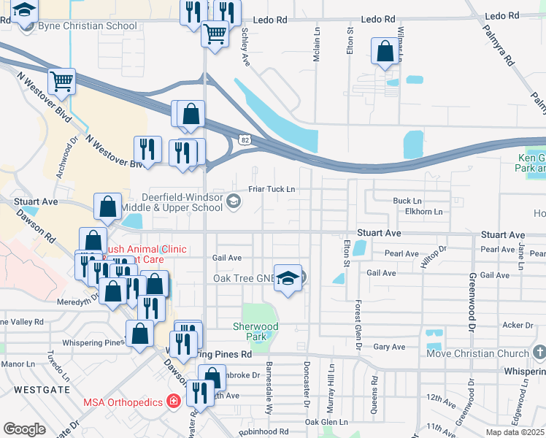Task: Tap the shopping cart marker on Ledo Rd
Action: click(215, 34)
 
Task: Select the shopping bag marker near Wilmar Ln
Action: click(385, 51)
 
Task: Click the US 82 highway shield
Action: click(244, 139)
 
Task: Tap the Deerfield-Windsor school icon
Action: click(234, 201)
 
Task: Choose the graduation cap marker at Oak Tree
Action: click(289, 278)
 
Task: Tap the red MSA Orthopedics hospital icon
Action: click(173, 401)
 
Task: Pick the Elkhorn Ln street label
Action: click(423, 212)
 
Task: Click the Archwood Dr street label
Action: click(66, 155)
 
